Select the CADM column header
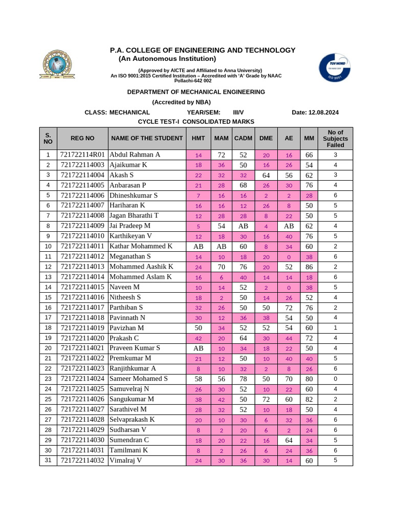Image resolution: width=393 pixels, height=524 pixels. pos(243,138)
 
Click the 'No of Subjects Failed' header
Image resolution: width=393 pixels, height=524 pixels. pos(335,138)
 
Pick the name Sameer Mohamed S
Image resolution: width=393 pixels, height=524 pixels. pos(139,379)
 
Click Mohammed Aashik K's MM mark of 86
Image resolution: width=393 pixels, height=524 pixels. pos(309,267)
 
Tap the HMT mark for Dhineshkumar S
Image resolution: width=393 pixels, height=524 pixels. pos(199,195)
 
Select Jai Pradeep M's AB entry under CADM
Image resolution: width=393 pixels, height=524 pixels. pos(243,226)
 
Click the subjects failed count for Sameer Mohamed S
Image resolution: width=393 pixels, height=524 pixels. pos(335,379)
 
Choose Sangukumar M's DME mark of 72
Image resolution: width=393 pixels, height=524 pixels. pos(266,399)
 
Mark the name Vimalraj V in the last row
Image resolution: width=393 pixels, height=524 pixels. pos(126,461)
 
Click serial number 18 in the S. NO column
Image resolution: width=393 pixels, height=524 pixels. pos(48,328)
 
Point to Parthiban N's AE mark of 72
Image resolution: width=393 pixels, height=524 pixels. pos(289,308)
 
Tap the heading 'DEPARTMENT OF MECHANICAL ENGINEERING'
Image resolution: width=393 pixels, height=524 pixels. pos(196,92)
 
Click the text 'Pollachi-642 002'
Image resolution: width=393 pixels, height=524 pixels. pos(193,81)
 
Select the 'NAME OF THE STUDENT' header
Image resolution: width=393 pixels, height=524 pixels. pos(147,138)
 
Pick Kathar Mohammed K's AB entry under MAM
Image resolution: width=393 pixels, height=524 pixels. pos(221,246)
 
